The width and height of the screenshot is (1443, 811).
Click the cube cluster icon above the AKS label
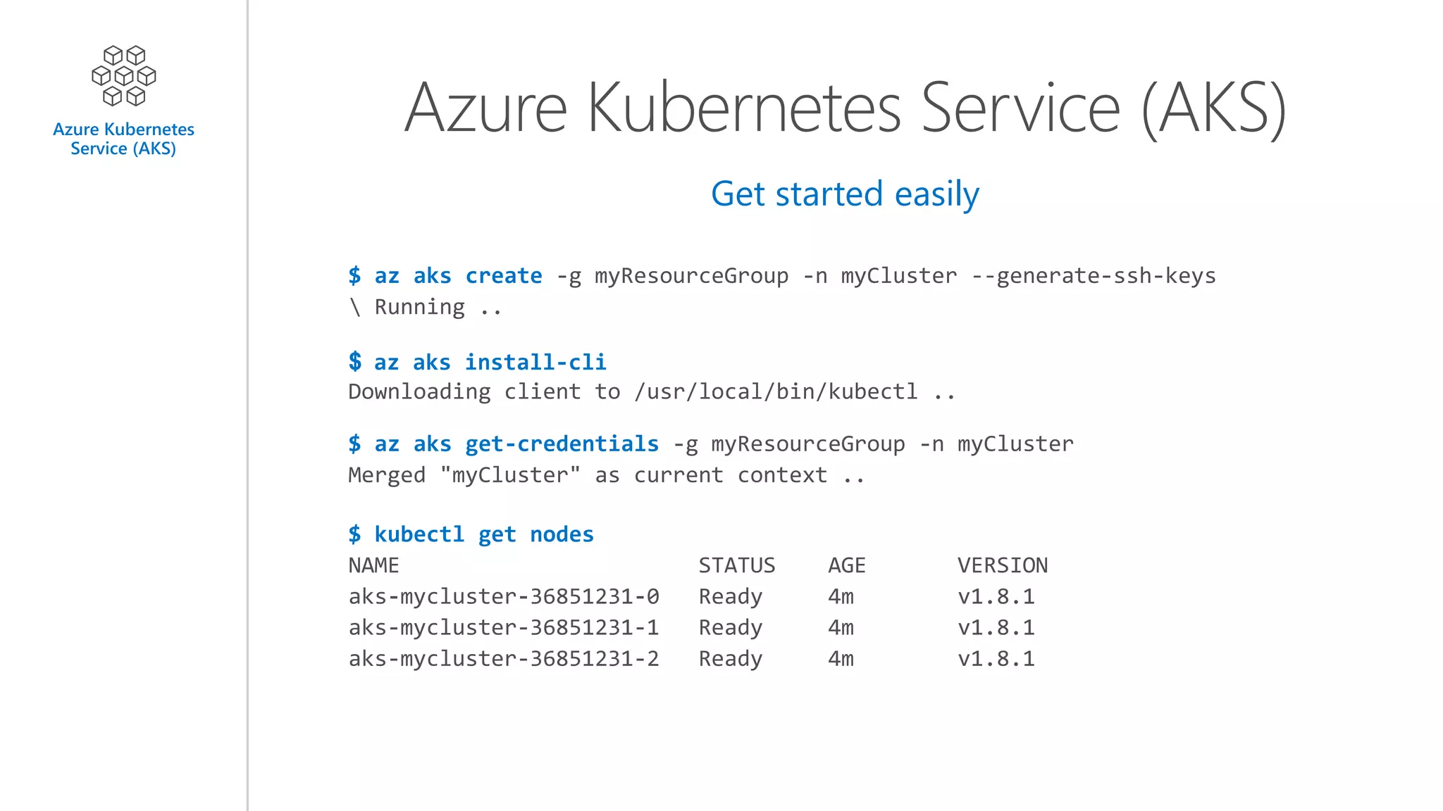coord(124,76)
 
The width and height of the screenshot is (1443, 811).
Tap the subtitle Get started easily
coord(845,194)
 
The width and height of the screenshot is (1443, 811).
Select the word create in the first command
coord(504,276)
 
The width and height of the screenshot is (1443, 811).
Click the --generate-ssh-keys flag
coord(1094,276)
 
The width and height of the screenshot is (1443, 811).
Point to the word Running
coord(419,307)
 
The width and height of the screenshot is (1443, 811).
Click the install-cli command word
coord(535,363)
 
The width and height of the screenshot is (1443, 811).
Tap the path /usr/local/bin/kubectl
coord(776,391)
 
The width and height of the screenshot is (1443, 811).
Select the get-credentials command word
coord(562,444)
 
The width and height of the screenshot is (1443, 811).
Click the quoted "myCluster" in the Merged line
coord(510,475)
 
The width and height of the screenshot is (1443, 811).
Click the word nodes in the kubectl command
coord(562,534)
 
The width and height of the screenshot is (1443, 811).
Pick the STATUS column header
coord(736,565)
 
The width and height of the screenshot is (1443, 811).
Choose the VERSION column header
coord(1002,565)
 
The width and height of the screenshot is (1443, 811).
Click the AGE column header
coord(846,565)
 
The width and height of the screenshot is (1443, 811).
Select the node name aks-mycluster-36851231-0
coord(504,597)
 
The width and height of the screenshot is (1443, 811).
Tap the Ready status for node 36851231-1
coord(730,628)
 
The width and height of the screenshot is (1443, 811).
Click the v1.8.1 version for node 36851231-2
coord(996,659)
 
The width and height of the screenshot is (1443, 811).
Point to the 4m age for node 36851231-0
coord(841,597)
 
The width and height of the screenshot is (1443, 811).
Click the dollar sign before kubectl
coord(354,534)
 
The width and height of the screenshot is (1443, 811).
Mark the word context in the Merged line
coord(782,475)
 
